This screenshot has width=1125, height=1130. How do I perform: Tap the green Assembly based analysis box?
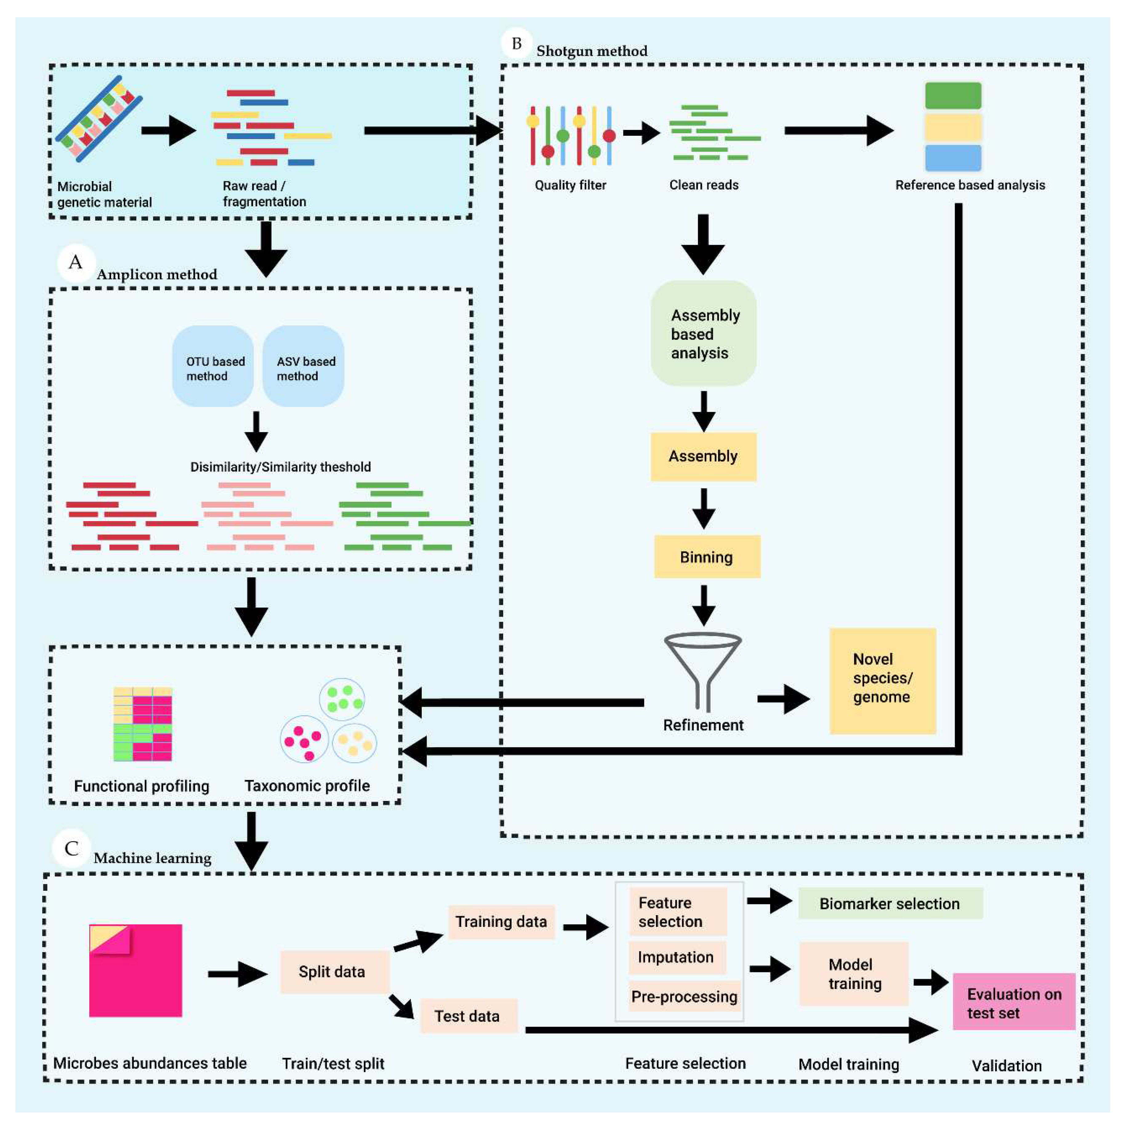tap(703, 333)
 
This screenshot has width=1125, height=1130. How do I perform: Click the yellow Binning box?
tap(706, 557)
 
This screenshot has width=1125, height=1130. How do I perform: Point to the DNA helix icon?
tap(98, 119)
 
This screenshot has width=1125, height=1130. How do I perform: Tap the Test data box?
tap(468, 1016)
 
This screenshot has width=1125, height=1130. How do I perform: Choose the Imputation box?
tap(677, 957)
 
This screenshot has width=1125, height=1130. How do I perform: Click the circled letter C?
tap(71, 849)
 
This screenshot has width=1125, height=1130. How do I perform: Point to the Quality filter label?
tap(570, 185)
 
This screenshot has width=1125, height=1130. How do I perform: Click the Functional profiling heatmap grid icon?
tap(143, 724)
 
